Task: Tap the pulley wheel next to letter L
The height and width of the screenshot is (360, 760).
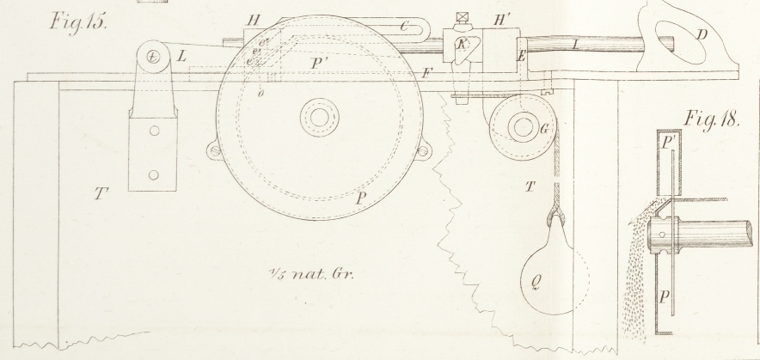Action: coord(152,58)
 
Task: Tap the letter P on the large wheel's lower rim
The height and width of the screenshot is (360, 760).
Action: coord(363,196)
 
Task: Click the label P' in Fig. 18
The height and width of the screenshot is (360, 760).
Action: coord(669,143)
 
